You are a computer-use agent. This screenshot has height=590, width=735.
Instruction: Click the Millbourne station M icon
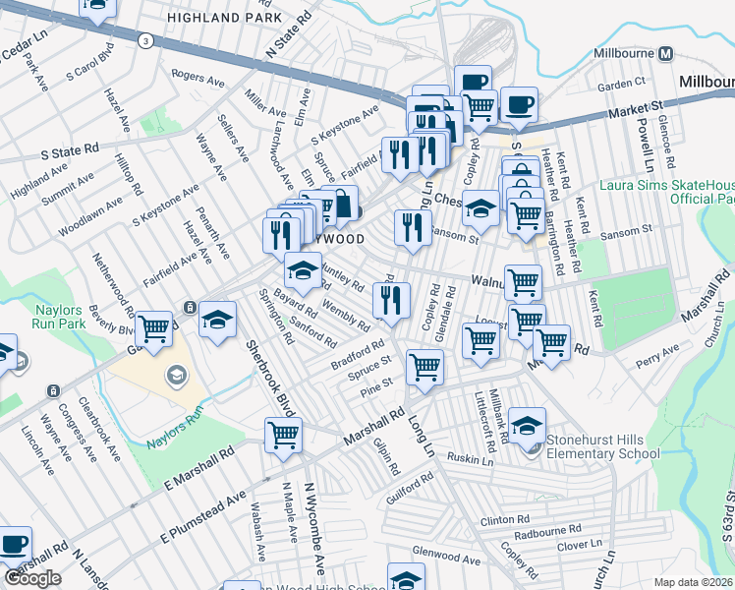click(666, 53)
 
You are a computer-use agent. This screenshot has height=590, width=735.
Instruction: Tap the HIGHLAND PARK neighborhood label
click(216, 18)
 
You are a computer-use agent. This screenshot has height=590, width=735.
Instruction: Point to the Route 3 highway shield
click(145, 40)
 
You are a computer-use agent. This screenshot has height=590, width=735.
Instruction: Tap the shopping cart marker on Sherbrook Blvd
click(284, 434)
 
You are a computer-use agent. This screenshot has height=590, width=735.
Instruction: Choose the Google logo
click(32, 578)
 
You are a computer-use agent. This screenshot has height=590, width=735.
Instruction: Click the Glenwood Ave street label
click(446, 559)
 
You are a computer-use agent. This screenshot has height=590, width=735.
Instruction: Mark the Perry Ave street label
click(658, 349)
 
